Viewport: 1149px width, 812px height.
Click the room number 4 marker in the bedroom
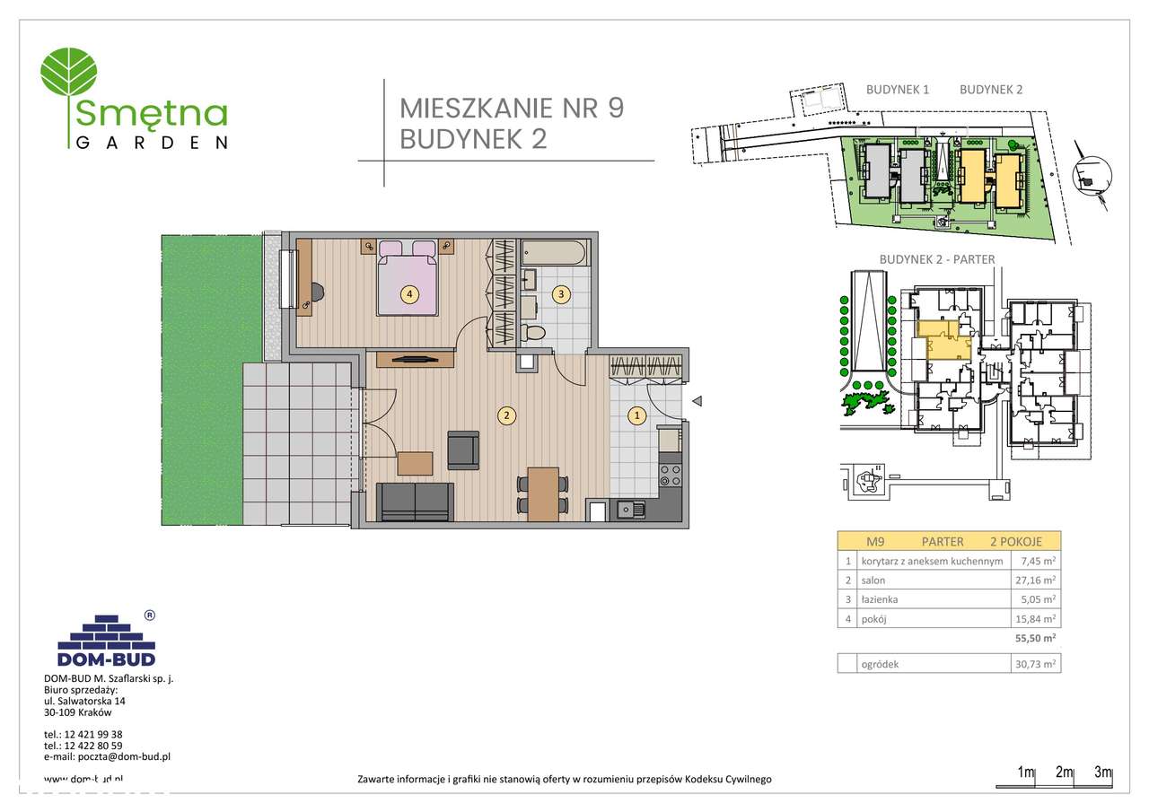[x=409, y=293]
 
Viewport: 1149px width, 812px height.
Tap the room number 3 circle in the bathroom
[x=561, y=293]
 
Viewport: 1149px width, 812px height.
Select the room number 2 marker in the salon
[x=507, y=415]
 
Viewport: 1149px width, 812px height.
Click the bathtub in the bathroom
[x=554, y=252]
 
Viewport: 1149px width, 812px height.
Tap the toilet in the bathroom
[x=535, y=334]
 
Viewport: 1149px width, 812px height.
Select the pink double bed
[x=408, y=280]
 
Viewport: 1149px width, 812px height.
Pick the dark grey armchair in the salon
[x=463, y=449]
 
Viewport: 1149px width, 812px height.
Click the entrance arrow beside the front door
[x=697, y=403]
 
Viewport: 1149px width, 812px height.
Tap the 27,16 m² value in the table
[x=1032, y=581]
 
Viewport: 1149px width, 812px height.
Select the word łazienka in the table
[x=880, y=599]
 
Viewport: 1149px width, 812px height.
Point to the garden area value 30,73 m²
[x=1032, y=664]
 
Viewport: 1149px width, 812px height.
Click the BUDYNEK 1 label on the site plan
[x=897, y=90]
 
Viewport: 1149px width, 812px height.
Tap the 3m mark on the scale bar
[x=1103, y=773]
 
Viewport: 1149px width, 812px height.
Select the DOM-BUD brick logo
[x=106, y=639]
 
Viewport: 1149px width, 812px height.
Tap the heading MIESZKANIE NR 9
[x=511, y=108]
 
